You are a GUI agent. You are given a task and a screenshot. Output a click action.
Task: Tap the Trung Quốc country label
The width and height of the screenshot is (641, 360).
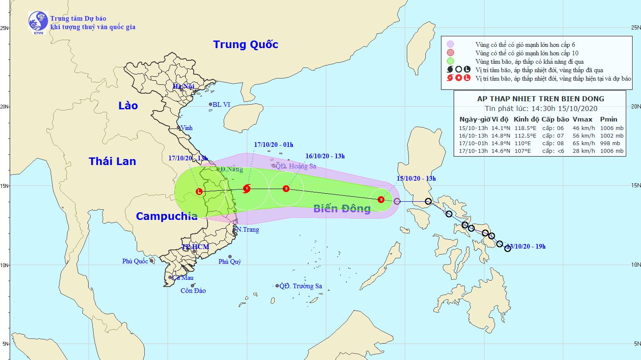[x=246, y=44]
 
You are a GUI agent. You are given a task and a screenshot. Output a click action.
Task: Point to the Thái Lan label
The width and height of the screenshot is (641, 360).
[x=112, y=161]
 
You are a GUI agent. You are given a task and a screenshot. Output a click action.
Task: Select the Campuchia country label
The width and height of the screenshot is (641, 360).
[x=167, y=216]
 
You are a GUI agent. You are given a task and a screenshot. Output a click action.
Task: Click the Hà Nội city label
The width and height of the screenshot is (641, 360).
[x=183, y=86]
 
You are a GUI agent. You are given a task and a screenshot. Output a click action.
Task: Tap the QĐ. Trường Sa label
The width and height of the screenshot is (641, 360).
[x=301, y=286]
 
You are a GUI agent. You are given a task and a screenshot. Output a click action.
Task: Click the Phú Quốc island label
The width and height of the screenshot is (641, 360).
[x=135, y=261]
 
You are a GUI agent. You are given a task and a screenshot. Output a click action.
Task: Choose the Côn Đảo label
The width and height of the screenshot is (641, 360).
[x=193, y=291]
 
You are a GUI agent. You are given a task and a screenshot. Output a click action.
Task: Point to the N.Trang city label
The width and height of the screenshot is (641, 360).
[x=247, y=230]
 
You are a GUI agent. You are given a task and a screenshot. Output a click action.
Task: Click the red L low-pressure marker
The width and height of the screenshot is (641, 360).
[x=199, y=192]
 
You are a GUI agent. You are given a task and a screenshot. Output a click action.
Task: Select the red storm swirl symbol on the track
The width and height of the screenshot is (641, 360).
[x=247, y=188]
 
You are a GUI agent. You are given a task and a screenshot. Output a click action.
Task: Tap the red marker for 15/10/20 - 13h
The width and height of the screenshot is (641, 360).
[x=381, y=200]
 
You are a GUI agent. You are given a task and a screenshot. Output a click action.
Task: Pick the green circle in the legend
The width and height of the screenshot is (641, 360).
[x=450, y=62]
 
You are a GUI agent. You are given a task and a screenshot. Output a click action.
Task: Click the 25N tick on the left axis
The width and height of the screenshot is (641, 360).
[x=5, y=28]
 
